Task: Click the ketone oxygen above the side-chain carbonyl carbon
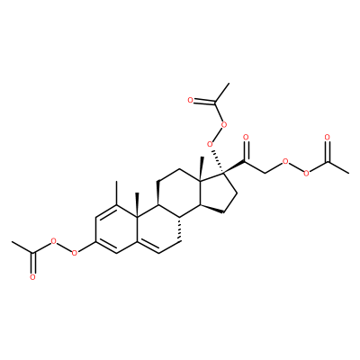click(x=246, y=138)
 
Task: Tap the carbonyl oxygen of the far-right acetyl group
click(x=328, y=138)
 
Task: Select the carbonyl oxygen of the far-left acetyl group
click(x=32, y=277)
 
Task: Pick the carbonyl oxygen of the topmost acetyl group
click(x=190, y=100)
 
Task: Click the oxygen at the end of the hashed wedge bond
click(x=211, y=145)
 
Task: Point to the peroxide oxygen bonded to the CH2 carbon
click(x=285, y=162)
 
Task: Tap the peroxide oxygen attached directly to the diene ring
click(x=75, y=253)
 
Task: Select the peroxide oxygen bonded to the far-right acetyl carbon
click(x=306, y=174)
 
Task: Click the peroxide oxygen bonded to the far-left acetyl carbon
click(x=54, y=241)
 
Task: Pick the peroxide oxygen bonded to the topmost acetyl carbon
click(x=222, y=124)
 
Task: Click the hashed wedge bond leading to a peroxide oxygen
click(x=218, y=161)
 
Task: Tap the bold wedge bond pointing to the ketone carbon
click(x=234, y=167)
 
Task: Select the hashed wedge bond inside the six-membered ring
click(x=179, y=229)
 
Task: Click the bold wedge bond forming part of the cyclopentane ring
click(x=211, y=209)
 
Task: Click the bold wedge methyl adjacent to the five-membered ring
click(x=202, y=169)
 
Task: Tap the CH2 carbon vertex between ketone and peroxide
click(x=265, y=174)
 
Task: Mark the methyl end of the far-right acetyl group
click(x=348, y=174)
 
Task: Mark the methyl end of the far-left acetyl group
click(x=12, y=241)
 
